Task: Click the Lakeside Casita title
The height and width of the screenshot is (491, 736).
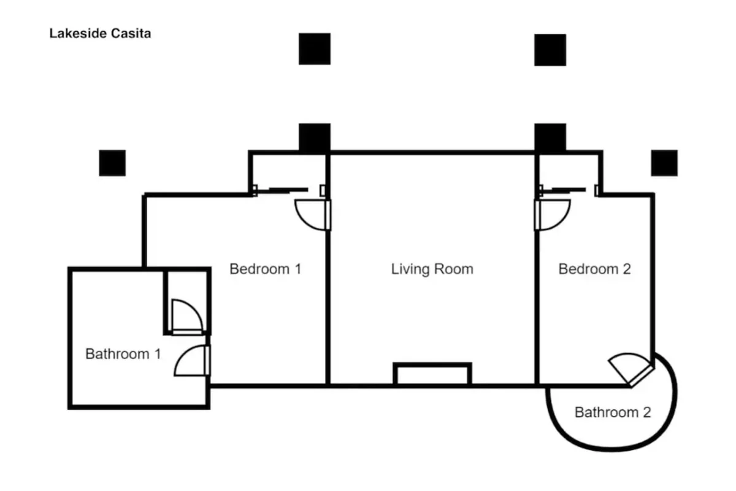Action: click(x=100, y=34)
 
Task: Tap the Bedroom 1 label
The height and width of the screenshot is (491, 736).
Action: click(x=266, y=269)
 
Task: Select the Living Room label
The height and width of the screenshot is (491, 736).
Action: click(x=432, y=269)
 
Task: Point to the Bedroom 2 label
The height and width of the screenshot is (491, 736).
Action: click(x=595, y=269)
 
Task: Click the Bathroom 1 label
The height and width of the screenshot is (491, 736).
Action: click(x=123, y=354)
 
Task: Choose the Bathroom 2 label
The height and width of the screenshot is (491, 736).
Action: click(x=613, y=412)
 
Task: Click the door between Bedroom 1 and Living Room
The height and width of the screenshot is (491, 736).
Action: click(x=313, y=215)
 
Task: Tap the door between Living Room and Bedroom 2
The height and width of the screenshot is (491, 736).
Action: click(x=553, y=215)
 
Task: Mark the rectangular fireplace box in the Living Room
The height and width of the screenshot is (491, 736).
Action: click(x=432, y=374)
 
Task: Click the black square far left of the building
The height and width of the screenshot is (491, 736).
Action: click(x=112, y=163)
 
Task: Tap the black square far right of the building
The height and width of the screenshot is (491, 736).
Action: click(x=664, y=163)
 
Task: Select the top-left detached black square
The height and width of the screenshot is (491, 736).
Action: click(x=315, y=49)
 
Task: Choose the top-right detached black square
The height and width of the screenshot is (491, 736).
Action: click(x=550, y=50)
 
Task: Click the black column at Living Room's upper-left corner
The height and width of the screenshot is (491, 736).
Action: click(x=315, y=137)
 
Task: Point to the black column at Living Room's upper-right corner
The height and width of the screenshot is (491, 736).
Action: click(x=550, y=137)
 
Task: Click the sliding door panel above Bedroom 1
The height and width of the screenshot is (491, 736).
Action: click(x=288, y=190)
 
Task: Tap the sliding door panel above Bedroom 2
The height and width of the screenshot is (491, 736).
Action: click(x=569, y=190)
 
